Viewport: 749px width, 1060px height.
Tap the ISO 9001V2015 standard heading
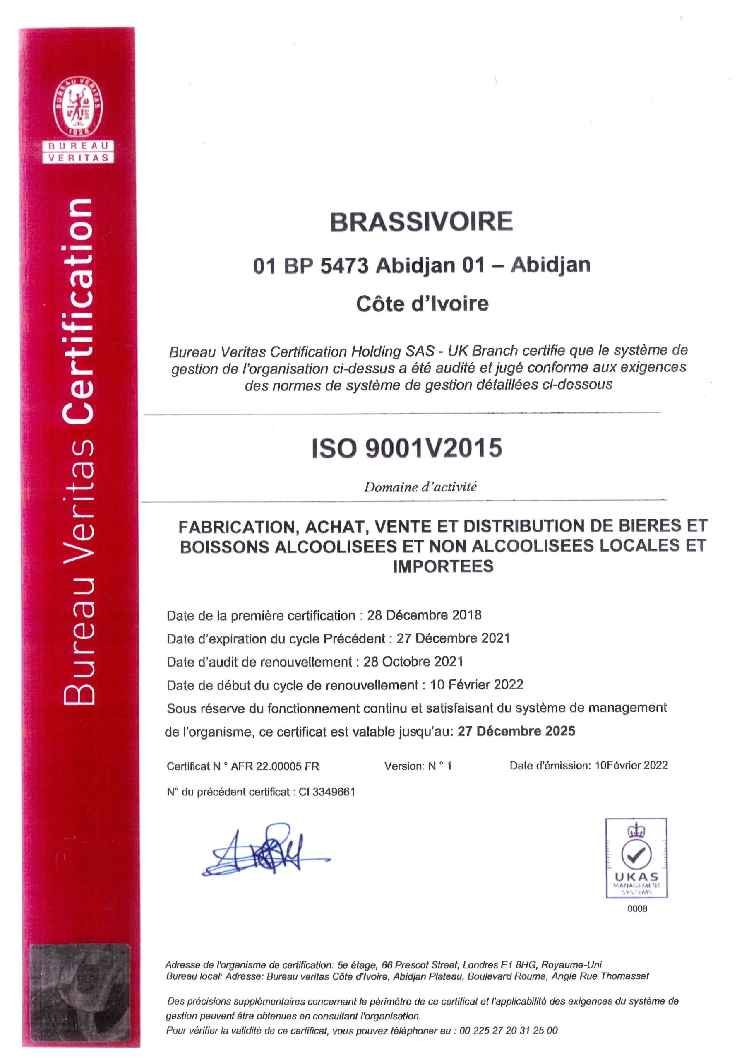407,448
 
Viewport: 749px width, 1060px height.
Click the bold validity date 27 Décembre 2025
516,731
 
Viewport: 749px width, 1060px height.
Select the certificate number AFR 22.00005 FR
275,766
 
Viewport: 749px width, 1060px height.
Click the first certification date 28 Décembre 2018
424,615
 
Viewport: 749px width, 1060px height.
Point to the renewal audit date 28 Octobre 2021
413,662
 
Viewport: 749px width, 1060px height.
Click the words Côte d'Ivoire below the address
422,304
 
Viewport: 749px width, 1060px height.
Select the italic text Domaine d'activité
420,487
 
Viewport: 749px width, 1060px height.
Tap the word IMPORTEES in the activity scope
443,566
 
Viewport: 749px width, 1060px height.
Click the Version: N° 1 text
418,766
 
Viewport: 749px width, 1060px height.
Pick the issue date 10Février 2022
631,765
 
